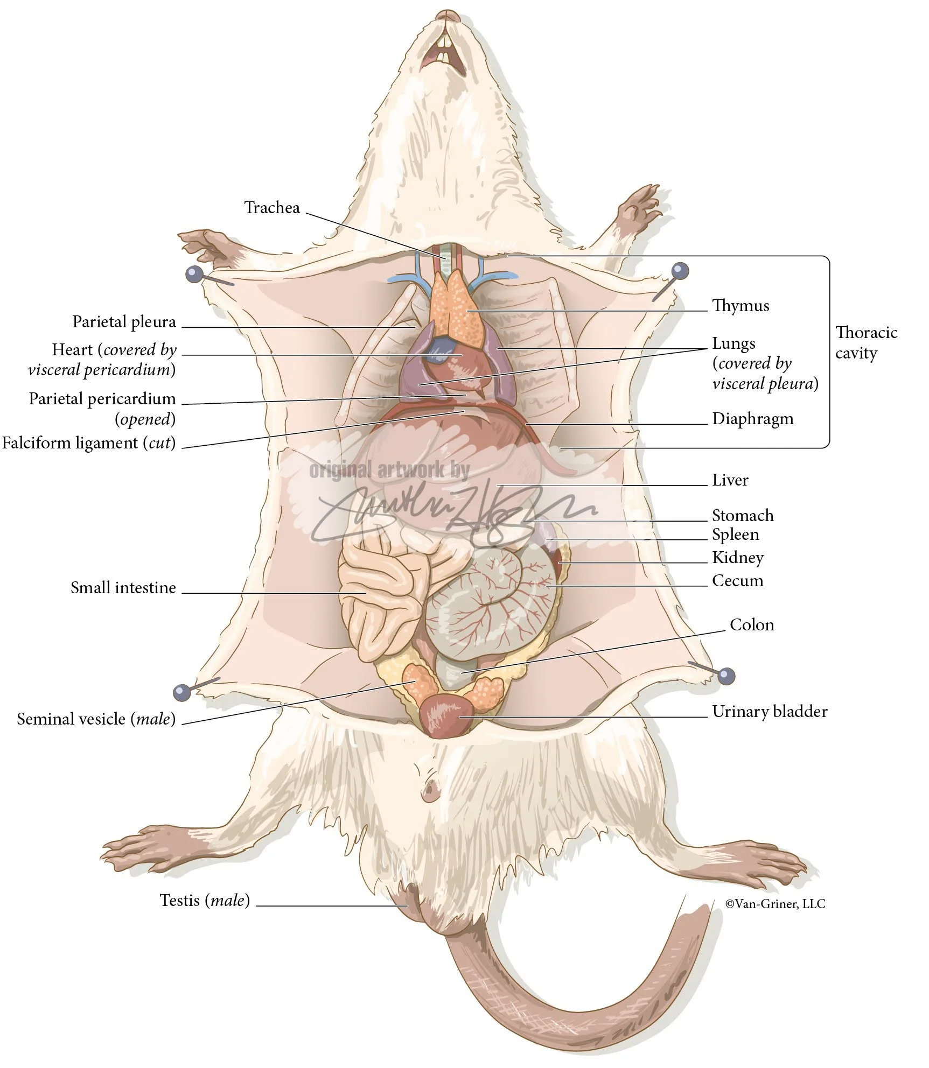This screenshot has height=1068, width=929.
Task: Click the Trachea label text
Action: [272, 208]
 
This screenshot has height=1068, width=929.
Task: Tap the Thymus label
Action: [741, 306]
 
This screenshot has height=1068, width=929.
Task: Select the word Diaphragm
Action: [752, 419]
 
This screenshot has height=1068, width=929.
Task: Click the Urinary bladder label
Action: [769, 712]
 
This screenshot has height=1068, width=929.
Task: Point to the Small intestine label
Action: [123, 587]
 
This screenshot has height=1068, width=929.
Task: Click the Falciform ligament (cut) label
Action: [89, 443]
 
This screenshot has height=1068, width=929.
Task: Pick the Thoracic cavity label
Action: [866, 342]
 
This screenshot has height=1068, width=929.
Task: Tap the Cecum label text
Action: [737, 581]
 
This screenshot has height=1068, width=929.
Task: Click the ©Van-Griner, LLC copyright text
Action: [775, 904]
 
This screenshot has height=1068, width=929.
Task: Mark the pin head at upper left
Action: [193, 275]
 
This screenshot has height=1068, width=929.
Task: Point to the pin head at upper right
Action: [680, 270]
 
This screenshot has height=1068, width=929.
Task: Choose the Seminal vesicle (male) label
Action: [96, 719]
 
